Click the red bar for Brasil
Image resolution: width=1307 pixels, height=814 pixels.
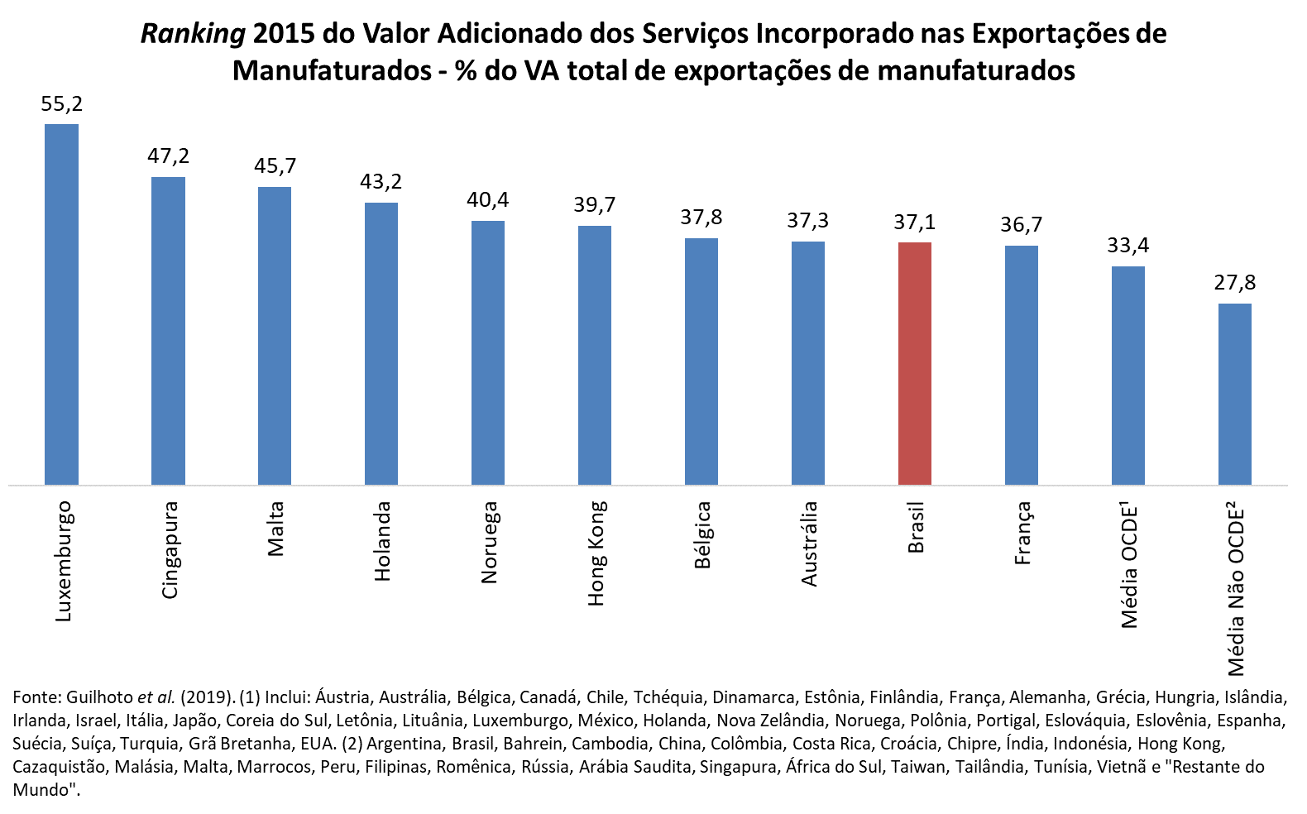914,363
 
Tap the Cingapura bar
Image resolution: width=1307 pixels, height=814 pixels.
168,330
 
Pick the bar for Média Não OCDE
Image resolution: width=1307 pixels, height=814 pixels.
1234,394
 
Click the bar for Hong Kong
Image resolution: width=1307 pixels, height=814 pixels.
594,355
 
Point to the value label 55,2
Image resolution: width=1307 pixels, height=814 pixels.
62,104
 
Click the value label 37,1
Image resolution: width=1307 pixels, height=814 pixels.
914,222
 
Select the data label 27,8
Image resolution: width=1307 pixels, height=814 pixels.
1234,283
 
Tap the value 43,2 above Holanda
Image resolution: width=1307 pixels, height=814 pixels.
381,182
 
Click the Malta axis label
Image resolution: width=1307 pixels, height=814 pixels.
275,529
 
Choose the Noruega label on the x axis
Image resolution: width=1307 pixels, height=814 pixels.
489,542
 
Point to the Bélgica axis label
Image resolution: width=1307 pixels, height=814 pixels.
702,535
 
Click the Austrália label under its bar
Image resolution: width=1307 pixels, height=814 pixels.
809,543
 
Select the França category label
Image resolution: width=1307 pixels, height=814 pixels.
1022,533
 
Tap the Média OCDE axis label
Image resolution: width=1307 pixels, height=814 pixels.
1130,564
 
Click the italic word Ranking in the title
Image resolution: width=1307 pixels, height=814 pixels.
193,34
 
